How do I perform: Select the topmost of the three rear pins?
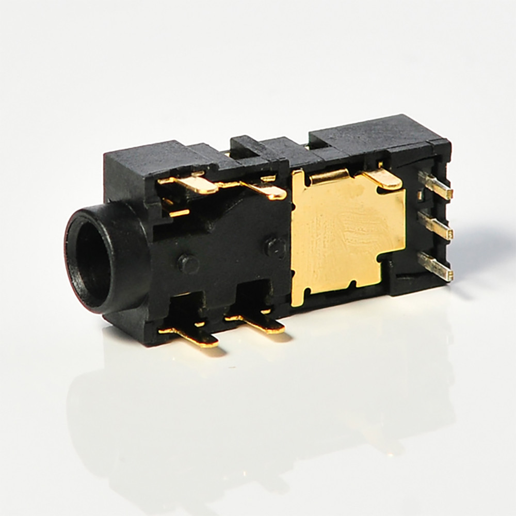437,186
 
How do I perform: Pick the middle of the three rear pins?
436,225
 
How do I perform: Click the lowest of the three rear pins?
436,266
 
